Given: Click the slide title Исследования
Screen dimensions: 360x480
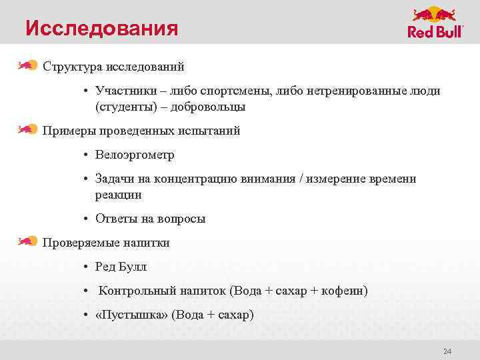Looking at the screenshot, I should pyautogui.click(x=102, y=29).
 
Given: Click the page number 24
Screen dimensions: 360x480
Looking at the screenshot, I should pyautogui.click(x=447, y=351).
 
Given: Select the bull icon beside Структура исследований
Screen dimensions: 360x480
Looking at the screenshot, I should pyautogui.click(x=27, y=65).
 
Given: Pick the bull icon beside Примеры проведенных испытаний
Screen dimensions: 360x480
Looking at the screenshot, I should pyautogui.click(x=27, y=129).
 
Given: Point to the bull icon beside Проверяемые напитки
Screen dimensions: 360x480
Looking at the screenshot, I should pyautogui.click(x=27, y=241).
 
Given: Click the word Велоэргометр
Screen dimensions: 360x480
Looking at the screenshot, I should pyautogui.click(x=135, y=155).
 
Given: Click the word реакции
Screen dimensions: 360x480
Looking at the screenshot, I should pyautogui.click(x=118, y=195).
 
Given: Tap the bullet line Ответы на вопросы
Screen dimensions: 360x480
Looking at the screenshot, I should pyautogui.click(x=150, y=219).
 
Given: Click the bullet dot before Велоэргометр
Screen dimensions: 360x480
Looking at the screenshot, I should pyautogui.click(x=87, y=155).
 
